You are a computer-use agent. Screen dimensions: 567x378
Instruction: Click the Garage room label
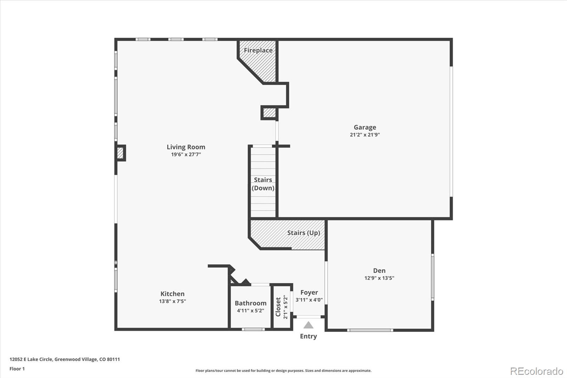[x=365, y=127]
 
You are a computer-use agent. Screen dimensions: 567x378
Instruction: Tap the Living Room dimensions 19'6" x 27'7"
[x=186, y=154]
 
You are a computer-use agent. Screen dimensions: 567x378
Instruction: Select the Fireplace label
[x=258, y=50]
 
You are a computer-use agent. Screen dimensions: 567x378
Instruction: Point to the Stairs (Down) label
[x=263, y=184]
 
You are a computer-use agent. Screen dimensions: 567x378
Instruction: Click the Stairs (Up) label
[x=303, y=233]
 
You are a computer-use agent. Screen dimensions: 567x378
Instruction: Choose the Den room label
[x=379, y=271]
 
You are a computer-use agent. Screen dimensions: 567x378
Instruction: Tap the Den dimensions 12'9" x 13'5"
[x=379, y=278]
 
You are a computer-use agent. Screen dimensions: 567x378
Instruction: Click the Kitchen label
[x=172, y=294]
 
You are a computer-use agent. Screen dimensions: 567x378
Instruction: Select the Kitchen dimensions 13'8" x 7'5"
[x=172, y=301]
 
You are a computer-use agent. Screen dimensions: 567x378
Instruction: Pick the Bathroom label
[x=251, y=303]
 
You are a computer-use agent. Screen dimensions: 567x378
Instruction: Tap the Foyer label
[x=309, y=293]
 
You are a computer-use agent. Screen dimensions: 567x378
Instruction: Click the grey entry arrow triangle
[x=308, y=325]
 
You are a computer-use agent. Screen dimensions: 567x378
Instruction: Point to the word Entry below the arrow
[x=308, y=336]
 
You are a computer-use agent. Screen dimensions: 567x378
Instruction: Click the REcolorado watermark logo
[x=537, y=371]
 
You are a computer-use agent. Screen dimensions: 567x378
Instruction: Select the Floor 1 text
[x=17, y=369]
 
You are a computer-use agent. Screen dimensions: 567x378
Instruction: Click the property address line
[x=65, y=359]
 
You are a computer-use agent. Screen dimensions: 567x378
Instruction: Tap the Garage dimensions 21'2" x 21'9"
[x=365, y=135]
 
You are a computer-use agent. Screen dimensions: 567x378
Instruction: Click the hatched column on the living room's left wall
[x=120, y=153]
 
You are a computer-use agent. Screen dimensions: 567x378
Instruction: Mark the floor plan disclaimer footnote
[x=283, y=371]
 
